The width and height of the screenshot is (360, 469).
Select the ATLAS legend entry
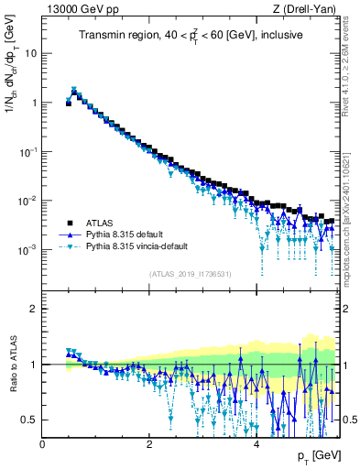[x=98, y=223]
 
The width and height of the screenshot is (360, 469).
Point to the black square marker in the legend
[x=69, y=223]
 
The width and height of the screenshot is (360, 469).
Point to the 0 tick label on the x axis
[x=42, y=444]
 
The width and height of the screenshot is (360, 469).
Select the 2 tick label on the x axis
[x=149, y=444]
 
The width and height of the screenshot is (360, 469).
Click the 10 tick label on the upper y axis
[x=29, y=53]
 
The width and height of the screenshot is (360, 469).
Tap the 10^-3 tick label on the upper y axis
[x=27, y=250]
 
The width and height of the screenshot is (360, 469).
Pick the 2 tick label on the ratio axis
[x=33, y=309]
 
